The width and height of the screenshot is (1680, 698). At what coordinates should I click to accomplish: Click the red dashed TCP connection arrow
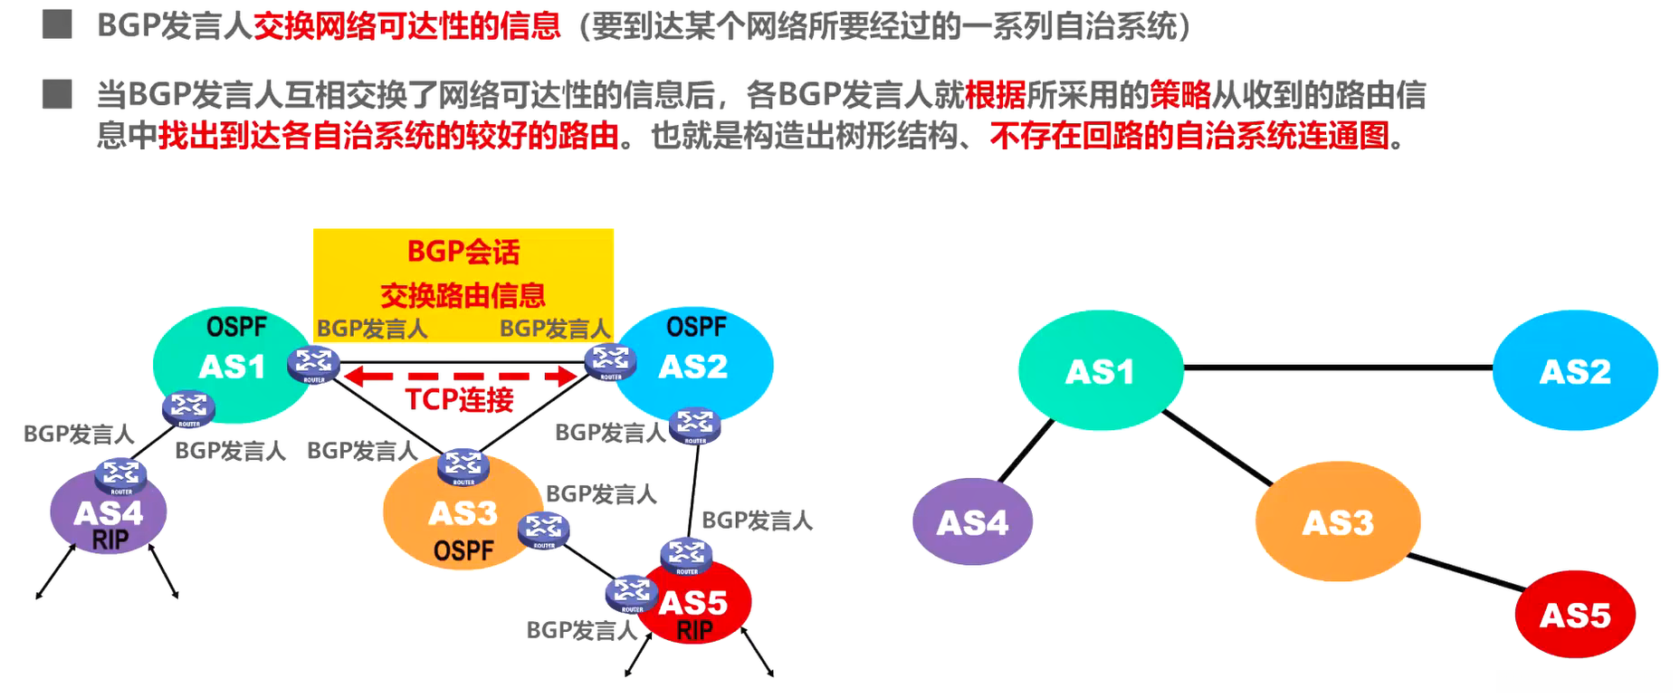click(462, 376)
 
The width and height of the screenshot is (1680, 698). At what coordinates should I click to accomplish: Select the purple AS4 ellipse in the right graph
click(972, 522)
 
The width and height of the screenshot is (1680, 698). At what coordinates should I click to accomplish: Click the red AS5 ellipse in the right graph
click(1575, 615)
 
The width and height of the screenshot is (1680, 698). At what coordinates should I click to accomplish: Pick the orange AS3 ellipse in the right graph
click(1338, 521)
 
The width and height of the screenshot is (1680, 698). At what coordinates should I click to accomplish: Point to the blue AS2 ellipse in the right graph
click(1575, 371)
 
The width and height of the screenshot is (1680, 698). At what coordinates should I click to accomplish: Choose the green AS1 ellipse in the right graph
click(1100, 371)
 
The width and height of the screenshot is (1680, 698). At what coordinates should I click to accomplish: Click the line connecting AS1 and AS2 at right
click(1338, 368)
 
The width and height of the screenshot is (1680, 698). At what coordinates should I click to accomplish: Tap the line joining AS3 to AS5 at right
click(1466, 574)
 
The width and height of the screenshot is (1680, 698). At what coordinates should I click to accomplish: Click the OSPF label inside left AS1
click(236, 327)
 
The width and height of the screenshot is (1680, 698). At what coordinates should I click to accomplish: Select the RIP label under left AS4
click(110, 540)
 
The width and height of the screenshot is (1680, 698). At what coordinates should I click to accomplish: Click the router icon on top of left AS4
click(120, 474)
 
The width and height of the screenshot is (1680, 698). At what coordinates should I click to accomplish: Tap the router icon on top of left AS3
click(463, 465)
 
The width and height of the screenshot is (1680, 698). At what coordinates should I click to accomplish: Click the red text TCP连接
click(459, 399)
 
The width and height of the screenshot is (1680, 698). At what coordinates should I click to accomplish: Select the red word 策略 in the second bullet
click(1180, 94)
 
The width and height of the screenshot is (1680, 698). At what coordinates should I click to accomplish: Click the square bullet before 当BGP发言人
click(57, 94)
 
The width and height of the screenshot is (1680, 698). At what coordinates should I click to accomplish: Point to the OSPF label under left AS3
click(463, 550)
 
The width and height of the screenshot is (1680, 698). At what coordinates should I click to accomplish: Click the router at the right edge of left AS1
click(313, 364)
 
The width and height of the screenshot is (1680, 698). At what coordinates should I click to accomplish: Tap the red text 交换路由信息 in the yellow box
click(463, 295)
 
